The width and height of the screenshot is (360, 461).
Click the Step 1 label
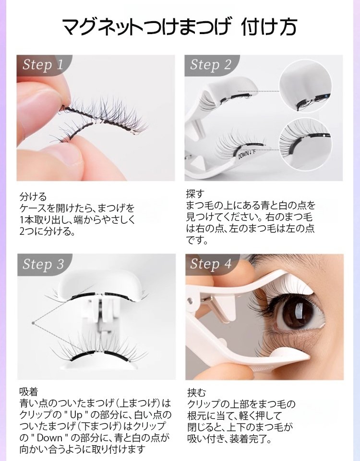coord(43,64)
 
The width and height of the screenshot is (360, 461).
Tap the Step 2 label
coord(210,64)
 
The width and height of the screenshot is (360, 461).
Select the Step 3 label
coord(43,264)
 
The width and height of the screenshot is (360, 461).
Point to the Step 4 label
coord(211,264)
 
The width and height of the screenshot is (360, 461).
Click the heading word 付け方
coord(269,27)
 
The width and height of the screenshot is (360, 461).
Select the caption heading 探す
coord(195,194)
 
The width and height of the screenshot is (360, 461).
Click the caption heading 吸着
coord(29,392)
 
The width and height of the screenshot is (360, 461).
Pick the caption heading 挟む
coord(197,393)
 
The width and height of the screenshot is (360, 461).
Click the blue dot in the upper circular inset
coord(327,96)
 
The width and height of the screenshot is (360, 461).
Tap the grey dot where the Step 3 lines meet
coord(33,323)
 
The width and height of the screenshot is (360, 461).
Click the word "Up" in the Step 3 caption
coord(75,415)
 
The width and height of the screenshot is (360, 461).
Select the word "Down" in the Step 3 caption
coord(49,438)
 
